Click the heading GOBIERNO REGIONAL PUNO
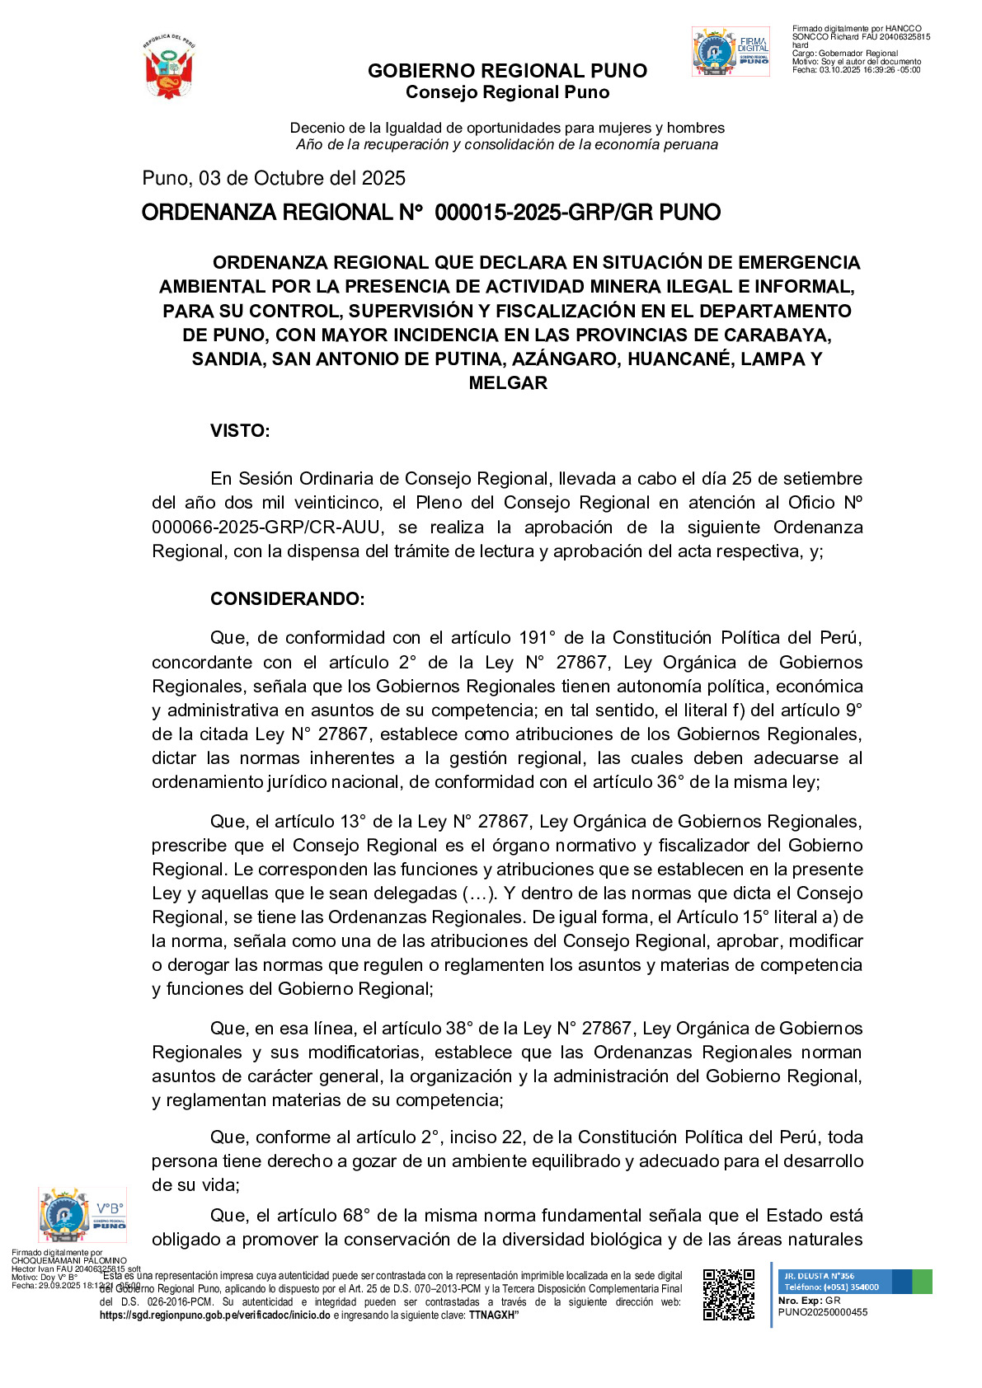[507, 71]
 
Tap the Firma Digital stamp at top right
[731, 52]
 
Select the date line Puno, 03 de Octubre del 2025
[274, 178]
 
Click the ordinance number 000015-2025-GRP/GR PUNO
[577, 213]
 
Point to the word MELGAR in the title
[508, 382]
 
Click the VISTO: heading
[240, 430]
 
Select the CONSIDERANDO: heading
[287, 598]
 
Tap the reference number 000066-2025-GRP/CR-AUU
[261, 527]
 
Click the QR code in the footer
[728, 1294]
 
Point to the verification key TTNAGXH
[492, 1315]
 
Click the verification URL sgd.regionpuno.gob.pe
[214, 1315]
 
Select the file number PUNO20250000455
[822, 1312]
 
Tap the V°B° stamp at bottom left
[82, 1214]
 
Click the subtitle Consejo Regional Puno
[507, 92]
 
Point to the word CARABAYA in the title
[778, 335]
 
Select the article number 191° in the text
[538, 637]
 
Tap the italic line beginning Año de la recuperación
[507, 144]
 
